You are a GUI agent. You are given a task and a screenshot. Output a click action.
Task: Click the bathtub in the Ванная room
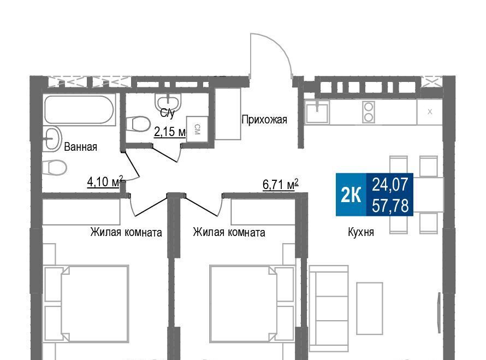click(x=79, y=110)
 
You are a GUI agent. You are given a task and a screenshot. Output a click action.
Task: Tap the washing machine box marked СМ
click(x=197, y=129)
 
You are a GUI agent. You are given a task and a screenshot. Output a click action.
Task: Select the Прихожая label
click(x=264, y=120)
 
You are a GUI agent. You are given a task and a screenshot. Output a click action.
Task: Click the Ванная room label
click(x=81, y=146)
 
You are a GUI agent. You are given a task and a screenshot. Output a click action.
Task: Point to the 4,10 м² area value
click(x=105, y=182)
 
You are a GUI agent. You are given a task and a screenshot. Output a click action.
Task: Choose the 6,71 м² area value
click(x=281, y=184)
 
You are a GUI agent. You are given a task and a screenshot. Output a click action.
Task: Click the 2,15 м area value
click(x=170, y=132)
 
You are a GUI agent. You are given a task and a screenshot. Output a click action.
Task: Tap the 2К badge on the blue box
click(x=351, y=194)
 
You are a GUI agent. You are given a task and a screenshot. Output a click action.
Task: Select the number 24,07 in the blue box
click(x=390, y=185)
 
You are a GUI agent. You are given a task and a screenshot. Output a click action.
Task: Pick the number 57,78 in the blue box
click(x=390, y=205)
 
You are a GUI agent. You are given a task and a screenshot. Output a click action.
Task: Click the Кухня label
click(x=361, y=232)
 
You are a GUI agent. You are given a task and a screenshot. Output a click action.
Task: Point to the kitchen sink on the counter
click(x=317, y=112)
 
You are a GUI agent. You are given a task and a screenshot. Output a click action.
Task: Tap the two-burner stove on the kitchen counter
click(x=369, y=112)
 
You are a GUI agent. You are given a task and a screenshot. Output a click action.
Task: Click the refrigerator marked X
click(x=430, y=112)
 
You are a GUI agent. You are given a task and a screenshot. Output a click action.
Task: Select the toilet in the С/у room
click(x=139, y=124)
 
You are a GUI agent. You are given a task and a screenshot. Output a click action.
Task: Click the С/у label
click(x=168, y=113)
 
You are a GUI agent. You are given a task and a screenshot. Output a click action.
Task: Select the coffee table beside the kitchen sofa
click(x=370, y=308)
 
